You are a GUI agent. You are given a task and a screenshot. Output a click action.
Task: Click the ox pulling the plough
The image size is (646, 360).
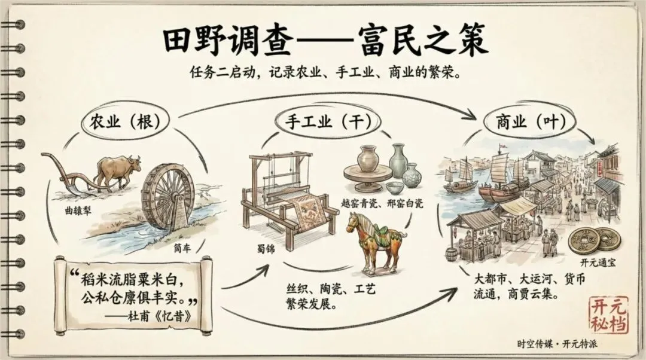(x=117, y=170)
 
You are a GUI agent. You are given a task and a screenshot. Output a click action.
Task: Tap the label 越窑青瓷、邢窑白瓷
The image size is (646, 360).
(x=383, y=203)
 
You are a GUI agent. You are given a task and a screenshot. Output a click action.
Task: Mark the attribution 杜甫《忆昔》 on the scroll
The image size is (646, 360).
(x=165, y=317)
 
